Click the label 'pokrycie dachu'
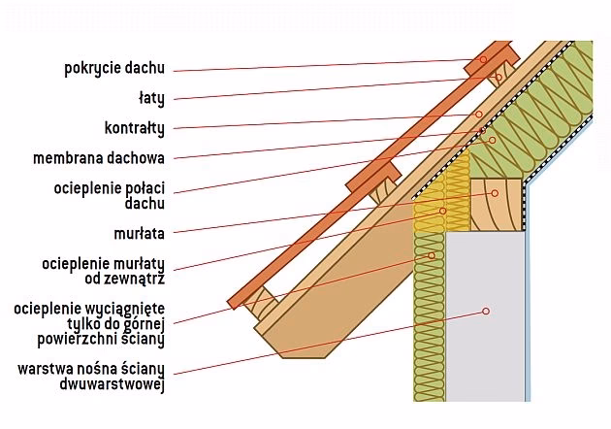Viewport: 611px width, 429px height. pyautogui.click(x=114, y=68)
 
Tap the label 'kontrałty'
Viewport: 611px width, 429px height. pyautogui.click(x=134, y=127)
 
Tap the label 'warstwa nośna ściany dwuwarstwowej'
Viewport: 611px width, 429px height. pyautogui.click(x=90, y=377)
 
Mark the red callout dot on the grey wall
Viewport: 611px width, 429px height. pyautogui.click(x=485, y=312)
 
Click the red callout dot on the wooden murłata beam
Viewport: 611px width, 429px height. pyautogui.click(x=495, y=193)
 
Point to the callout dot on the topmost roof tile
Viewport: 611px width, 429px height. pyautogui.click(x=483, y=59)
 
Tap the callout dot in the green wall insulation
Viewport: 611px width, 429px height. pyautogui.click(x=429, y=256)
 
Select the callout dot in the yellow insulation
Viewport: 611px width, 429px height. pyautogui.click(x=442, y=210)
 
